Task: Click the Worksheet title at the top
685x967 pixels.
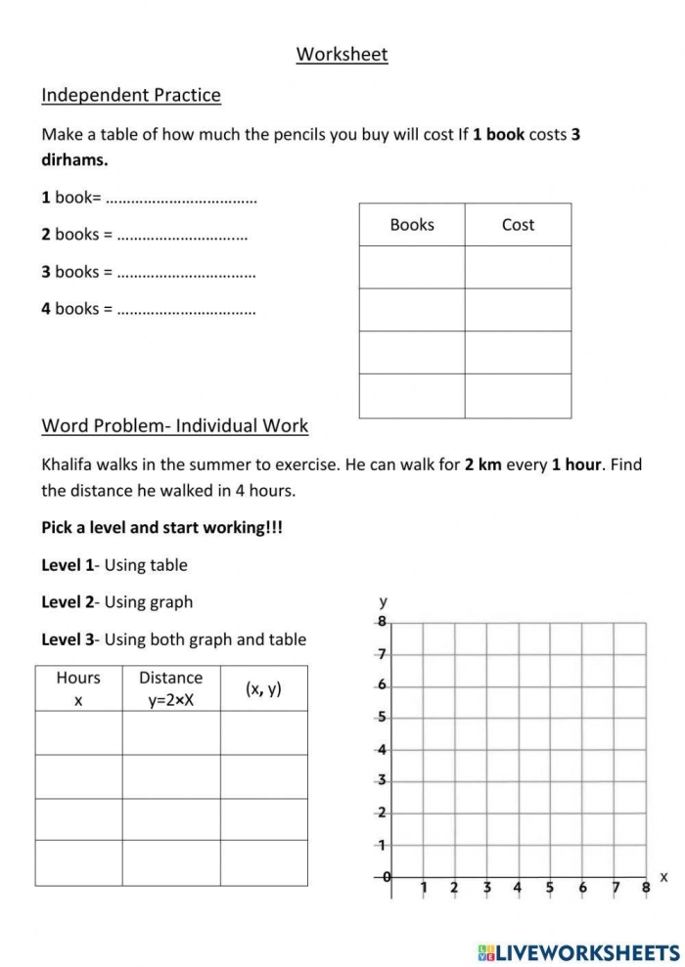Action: tap(342, 55)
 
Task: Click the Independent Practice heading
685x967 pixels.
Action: tap(131, 95)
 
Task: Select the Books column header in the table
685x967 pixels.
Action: tap(411, 225)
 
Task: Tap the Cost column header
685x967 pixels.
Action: tap(518, 225)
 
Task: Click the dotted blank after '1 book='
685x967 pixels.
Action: tap(180, 198)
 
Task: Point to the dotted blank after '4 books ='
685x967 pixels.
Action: tap(186, 310)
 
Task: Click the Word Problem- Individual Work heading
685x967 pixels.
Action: tap(174, 425)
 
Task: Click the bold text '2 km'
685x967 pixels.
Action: tap(482, 464)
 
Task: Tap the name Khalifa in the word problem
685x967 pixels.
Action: tap(68, 464)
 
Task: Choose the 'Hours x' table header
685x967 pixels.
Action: tap(78, 688)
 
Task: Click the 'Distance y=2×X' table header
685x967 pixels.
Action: tap(170, 688)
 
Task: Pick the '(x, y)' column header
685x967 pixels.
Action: tap(263, 688)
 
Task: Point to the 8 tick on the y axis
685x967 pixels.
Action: tap(382, 622)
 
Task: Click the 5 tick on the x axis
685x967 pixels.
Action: tap(549, 888)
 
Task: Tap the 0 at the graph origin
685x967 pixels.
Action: tap(387, 877)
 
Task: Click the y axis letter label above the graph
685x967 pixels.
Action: tap(383, 600)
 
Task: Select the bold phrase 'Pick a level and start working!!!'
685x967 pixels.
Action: tap(161, 527)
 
